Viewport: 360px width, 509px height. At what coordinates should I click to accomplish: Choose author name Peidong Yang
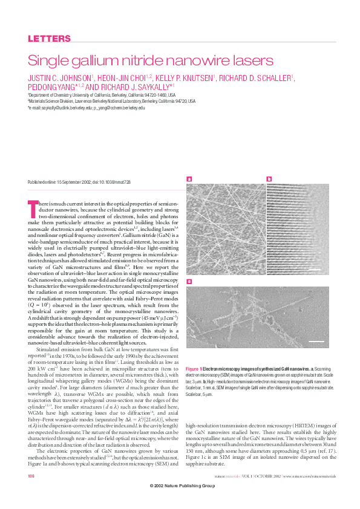(x=51, y=87)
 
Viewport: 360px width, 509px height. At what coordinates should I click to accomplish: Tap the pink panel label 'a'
(x=189, y=179)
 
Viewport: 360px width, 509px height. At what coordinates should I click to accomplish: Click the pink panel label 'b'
(x=269, y=179)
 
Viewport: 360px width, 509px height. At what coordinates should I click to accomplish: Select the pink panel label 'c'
(x=189, y=282)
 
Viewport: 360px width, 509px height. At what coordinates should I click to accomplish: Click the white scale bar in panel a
(x=250, y=267)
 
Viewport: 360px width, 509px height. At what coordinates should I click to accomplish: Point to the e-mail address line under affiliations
(x=87, y=108)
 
